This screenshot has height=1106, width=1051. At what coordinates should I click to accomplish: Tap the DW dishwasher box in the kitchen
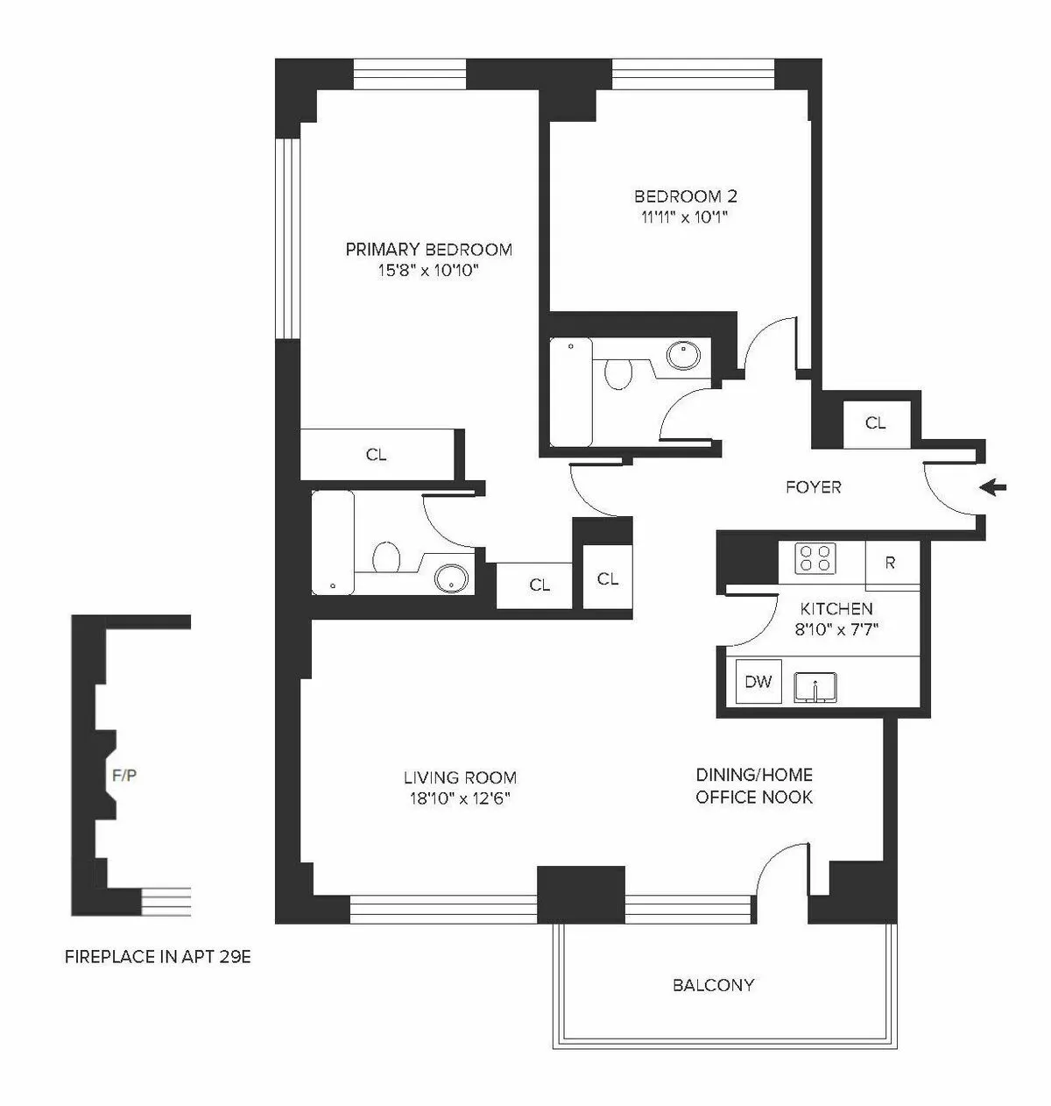coord(758,681)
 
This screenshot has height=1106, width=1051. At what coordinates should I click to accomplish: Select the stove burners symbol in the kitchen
coord(815,558)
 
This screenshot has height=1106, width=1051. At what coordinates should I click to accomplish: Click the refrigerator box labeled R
coord(891,563)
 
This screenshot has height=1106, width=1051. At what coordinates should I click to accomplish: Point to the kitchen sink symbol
coord(816,686)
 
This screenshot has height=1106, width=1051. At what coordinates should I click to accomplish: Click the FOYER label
coord(813,487)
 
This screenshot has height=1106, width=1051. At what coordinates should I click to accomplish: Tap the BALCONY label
coord(713,985)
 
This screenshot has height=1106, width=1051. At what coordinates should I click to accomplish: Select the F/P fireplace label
coord(124,775)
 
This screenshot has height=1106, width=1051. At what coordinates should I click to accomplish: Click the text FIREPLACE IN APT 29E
coord(158,957)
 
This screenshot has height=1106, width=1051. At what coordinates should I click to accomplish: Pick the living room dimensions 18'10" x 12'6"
coord(460,798)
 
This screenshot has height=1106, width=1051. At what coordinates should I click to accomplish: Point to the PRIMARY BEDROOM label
coord(428,250)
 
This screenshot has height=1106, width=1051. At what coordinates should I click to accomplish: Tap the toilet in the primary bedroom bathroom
coord(385,557)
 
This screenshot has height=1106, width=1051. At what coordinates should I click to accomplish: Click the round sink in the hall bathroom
coord(682,355)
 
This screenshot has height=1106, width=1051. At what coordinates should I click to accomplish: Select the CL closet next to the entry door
coord(875,423)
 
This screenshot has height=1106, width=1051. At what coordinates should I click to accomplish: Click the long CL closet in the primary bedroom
coord(376,455)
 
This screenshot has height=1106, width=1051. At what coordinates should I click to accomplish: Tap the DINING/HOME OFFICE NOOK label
coord(754,786)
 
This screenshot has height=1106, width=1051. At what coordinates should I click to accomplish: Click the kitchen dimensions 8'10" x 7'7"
coord(836,628)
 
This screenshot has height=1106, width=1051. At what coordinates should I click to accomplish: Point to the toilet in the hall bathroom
coord(618,374)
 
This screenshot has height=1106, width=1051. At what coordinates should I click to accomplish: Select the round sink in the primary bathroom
coord(452,578)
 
